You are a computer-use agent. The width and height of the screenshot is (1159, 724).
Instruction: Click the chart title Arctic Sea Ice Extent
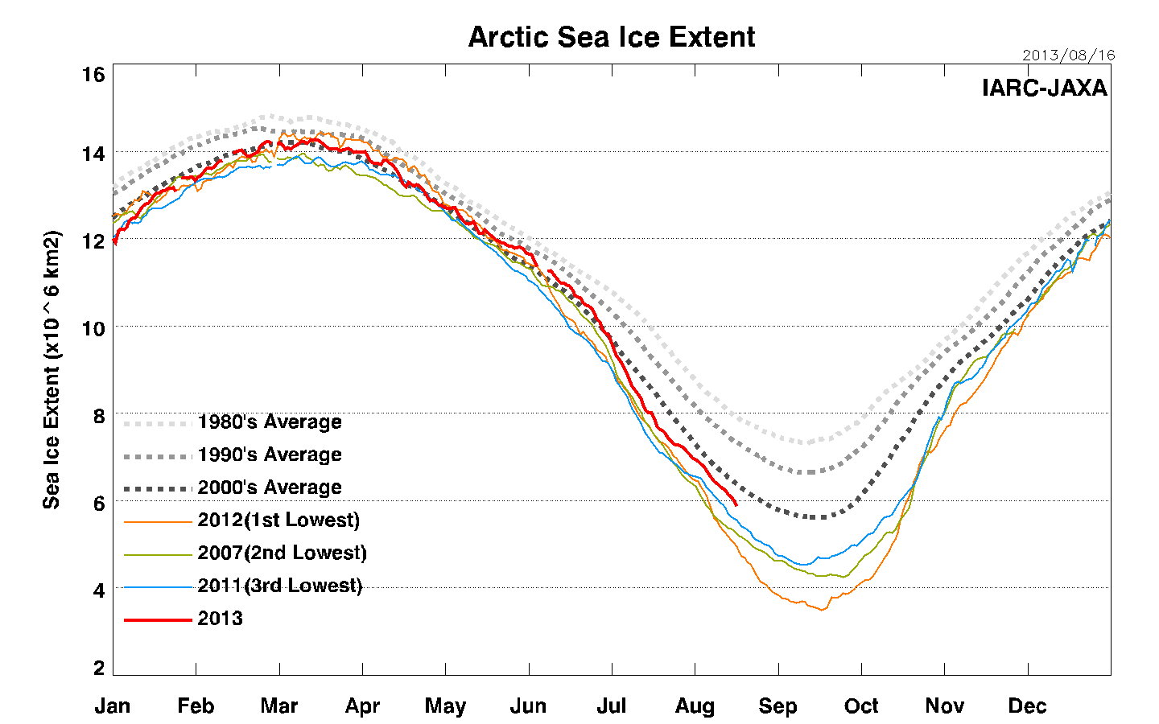612,37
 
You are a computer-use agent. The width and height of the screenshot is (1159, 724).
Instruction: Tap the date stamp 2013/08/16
1068,56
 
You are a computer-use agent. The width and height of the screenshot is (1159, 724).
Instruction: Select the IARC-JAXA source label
1045,88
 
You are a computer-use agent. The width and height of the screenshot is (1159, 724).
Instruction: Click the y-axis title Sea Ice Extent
52,369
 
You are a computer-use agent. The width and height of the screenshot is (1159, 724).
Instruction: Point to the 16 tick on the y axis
93,75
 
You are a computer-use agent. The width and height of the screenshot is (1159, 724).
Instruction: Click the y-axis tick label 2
99,668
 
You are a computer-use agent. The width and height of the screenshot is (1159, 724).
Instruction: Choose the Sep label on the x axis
777,706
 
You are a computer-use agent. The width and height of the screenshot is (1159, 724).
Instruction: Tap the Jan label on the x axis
113,706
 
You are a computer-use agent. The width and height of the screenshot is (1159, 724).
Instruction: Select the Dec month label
1027,706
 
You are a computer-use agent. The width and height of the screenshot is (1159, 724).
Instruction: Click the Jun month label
528,706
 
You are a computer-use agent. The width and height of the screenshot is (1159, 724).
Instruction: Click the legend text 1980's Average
270,422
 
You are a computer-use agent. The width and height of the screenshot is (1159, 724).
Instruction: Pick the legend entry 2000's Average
270,487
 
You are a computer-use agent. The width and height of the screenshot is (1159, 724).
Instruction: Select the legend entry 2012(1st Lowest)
278,520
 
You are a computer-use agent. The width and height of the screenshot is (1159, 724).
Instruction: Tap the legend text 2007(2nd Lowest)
282,553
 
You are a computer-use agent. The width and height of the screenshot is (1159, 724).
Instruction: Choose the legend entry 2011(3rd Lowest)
279,586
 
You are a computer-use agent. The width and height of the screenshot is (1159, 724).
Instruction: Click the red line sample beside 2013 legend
157,619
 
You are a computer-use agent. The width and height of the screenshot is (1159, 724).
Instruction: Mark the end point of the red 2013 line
736,505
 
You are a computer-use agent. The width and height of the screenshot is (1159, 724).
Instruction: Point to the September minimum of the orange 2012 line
822,610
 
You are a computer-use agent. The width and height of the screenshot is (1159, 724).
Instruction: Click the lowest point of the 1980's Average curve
804,442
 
